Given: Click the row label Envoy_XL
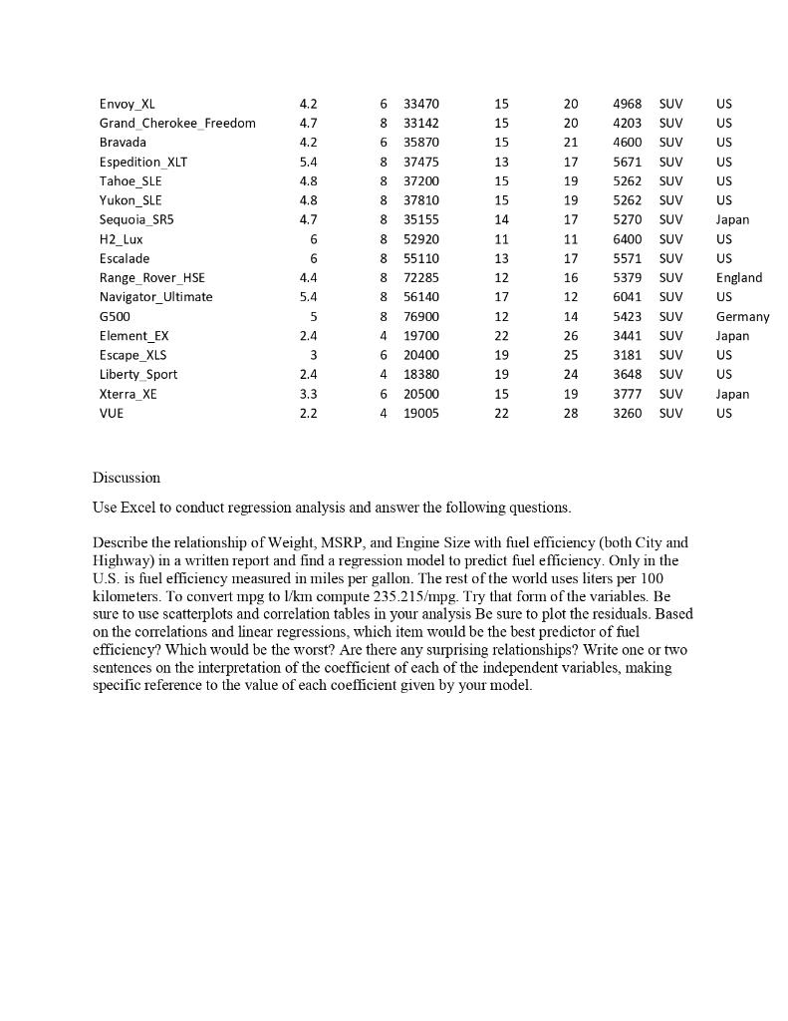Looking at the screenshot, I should [x=127, y=104].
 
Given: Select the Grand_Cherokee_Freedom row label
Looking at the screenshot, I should [x=177, y=123].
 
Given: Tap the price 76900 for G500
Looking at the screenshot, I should [x=420, y=316].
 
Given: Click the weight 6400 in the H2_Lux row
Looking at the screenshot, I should [x=627, y=239].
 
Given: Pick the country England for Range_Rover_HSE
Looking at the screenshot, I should [x=738, y=278].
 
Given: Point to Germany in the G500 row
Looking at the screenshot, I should [x=742, y=316].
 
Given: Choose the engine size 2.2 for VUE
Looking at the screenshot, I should [x=308, y=413].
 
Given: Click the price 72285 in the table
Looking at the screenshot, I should [x=420, y=278].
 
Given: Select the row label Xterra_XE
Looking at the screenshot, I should [x=128, y=394].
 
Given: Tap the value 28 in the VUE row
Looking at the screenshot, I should [x=570, y=413].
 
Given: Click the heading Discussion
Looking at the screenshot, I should [x=127, y=478].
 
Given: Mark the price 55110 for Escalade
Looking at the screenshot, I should [x=420, y=258].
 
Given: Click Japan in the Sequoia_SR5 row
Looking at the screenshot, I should [x=732, y=219].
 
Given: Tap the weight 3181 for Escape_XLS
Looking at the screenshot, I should [x=627, y=355].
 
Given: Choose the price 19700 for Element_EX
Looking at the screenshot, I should [x=420, y=336].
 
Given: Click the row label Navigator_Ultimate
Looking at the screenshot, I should [x=155, y=297].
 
